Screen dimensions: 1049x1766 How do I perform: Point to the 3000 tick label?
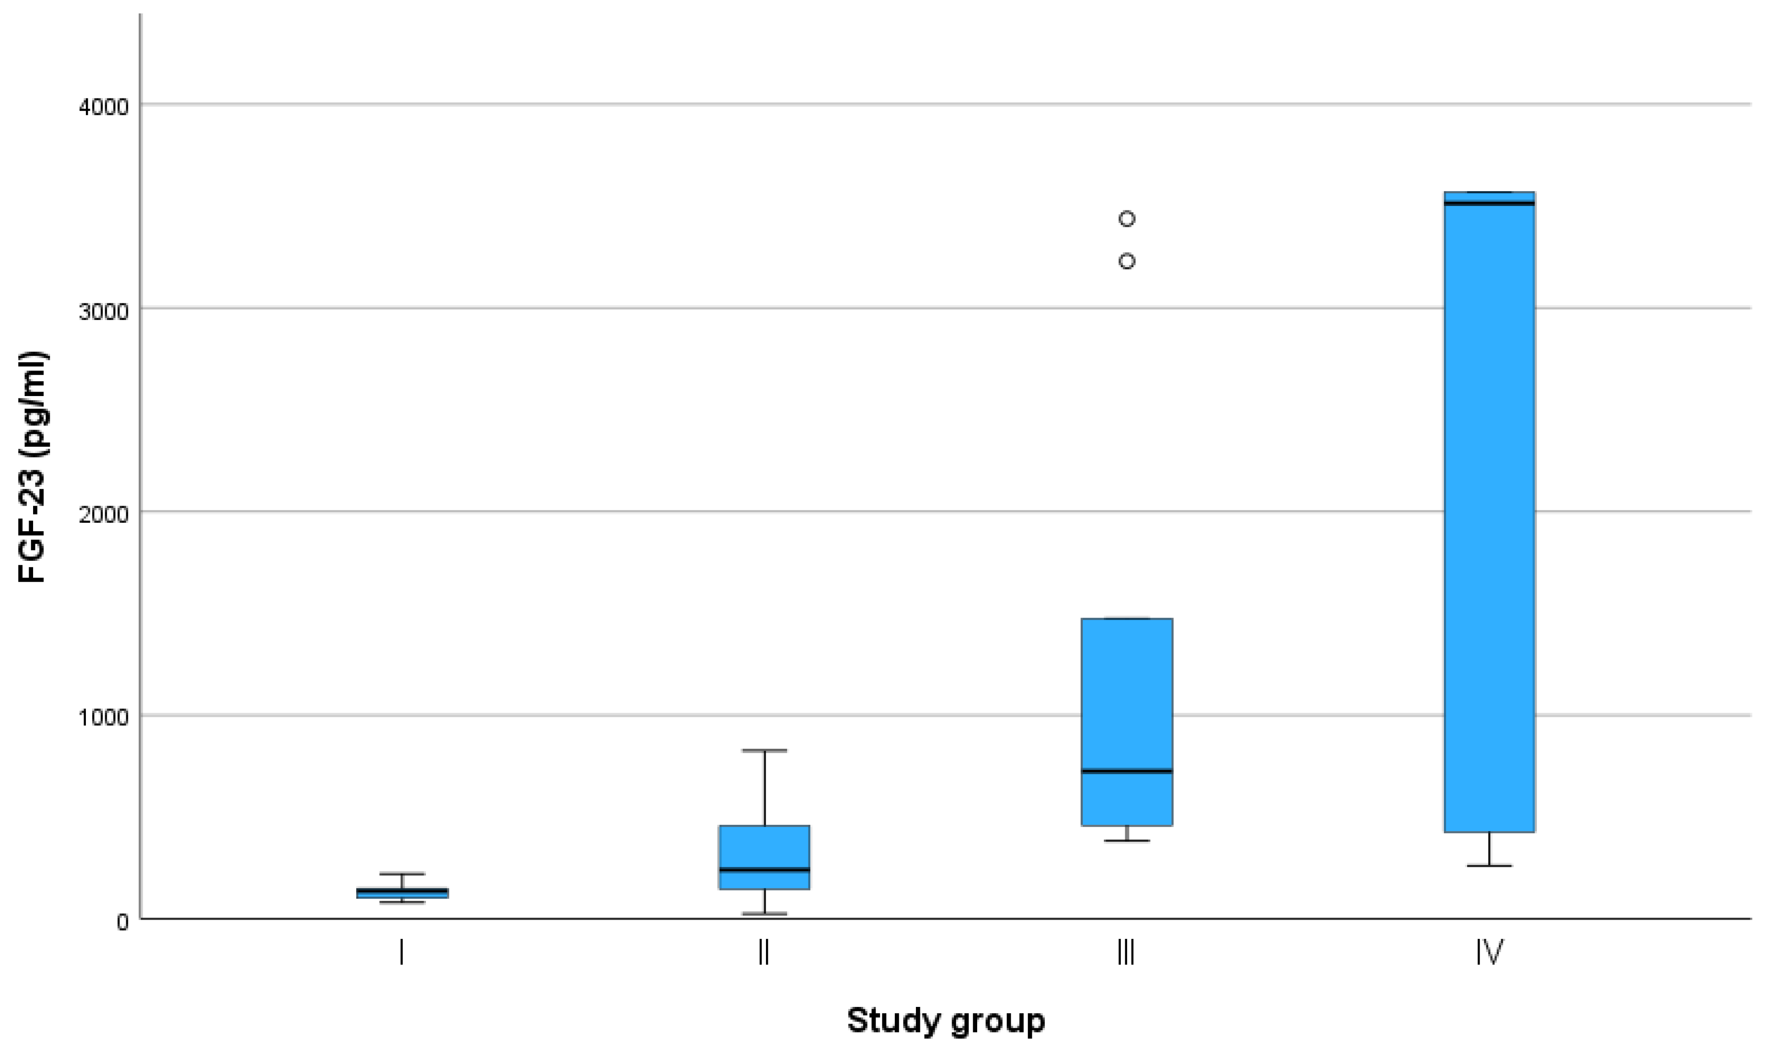[x=104, y=311]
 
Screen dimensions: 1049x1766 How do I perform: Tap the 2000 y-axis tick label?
[x=104, y=514]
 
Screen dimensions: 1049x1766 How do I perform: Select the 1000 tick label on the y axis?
[x=104, y=717]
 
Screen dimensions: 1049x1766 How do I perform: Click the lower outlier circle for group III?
[x=1127, y=261]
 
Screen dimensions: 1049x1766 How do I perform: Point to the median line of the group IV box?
[x=1489, y=204]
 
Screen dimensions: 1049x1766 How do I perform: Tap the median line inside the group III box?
[x=1127, y=771]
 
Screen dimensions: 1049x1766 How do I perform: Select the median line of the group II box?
[x=764, y=870]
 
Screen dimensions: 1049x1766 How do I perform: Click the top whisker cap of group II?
[x=764, y=751]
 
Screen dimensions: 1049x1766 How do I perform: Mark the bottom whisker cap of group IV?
[x=1489, y=865]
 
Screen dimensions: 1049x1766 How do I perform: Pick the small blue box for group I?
[x=401, y=893]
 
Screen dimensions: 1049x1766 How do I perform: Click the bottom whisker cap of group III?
[x=1127, y=840]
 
